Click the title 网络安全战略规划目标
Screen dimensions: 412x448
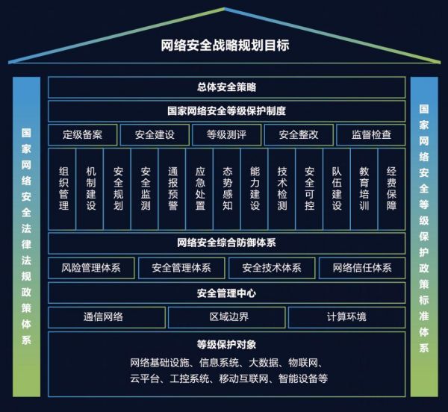coord(225,45)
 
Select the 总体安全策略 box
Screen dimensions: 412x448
coord(227,87)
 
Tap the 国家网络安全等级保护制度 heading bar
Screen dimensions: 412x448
coord(227,111)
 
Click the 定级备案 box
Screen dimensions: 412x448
coord(83,135)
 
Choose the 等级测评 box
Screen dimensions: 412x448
coord(226,135)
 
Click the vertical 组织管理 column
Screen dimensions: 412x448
coord(63,188)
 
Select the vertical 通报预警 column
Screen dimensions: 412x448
coord(172,188)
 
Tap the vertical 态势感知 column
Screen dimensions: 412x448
coord(227,188)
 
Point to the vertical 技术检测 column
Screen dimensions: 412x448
coord(281,188)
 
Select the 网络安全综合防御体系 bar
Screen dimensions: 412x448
coord(227,243)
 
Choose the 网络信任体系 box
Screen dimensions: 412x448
coord(361,267)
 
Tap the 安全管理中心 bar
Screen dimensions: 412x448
coord(227,293)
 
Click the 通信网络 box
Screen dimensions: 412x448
coord(107,316)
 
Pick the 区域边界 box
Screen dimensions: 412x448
coord(226,316)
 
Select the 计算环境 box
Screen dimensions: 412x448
coord(346,316)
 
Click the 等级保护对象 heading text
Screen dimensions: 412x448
coord(227,344)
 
